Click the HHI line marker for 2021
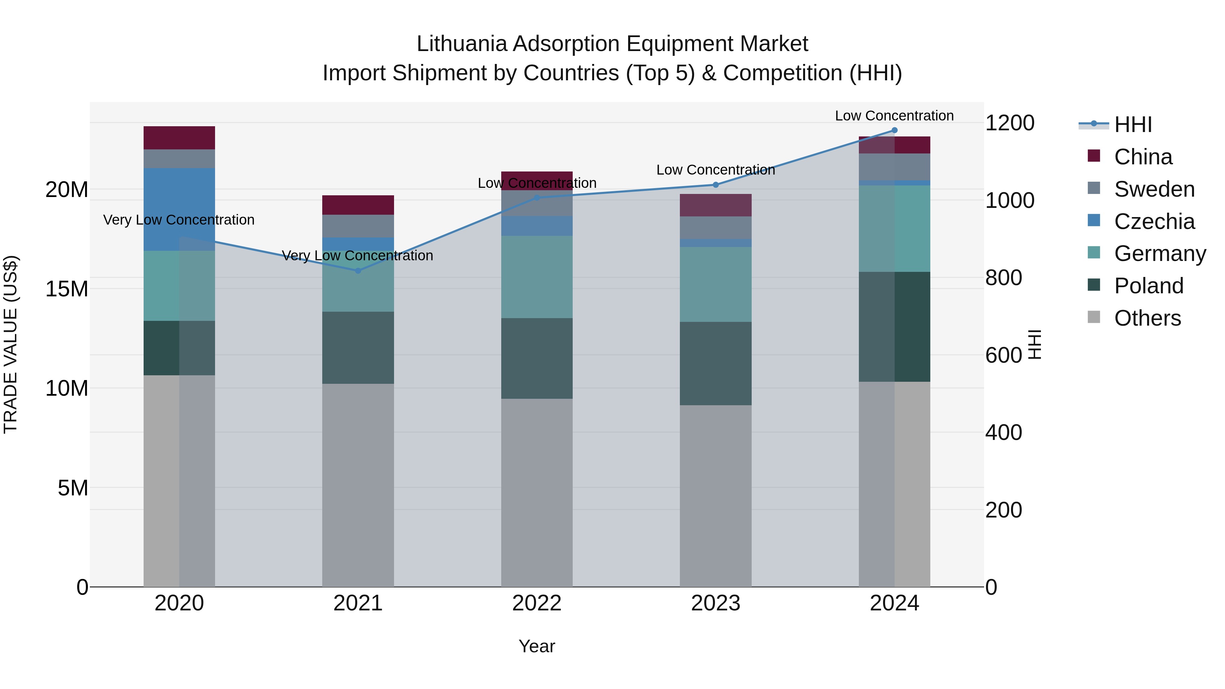point(358,270)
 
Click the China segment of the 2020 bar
point(179,138)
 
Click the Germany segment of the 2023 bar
point(716,284)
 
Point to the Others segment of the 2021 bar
point(358,485)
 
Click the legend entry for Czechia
point(1154,222)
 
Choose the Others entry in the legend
point(1147,318)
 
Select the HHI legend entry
point(1133,125)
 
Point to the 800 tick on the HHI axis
point(1003,278)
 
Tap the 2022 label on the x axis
point(537,603)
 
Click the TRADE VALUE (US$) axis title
point(11,344)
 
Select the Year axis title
point(537,646)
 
